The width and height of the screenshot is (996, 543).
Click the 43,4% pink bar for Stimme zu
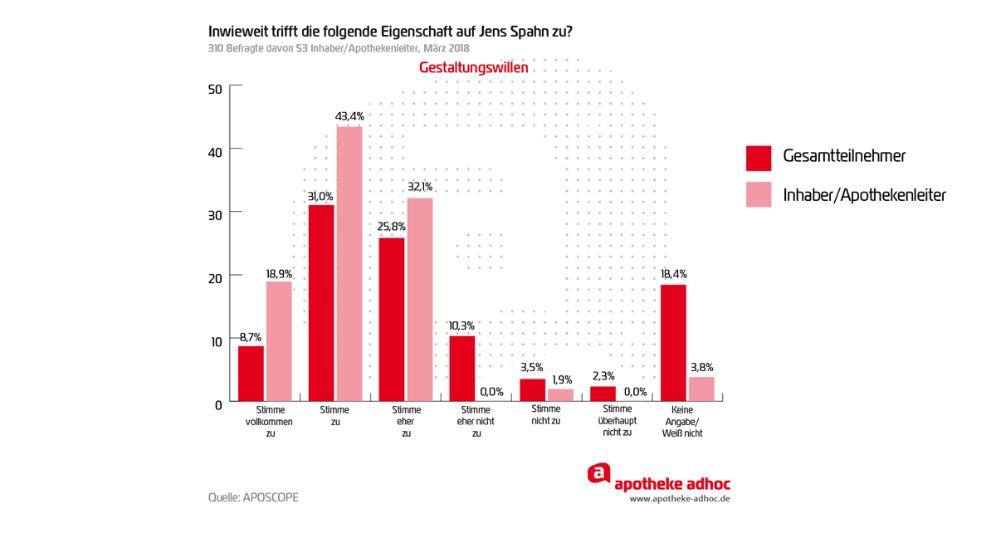(349, 263)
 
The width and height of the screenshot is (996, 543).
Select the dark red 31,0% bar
(321, 302)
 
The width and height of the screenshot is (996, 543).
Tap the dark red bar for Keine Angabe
(673, 343)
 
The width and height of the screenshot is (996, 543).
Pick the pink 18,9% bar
(279, 340)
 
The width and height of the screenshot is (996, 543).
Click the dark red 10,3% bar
(462, 368)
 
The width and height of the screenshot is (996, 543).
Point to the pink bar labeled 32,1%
(420, 299)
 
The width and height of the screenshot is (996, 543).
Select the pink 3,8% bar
(701, 389)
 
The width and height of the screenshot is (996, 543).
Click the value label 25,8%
(392, 227)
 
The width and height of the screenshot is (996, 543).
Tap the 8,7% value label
(251, 336)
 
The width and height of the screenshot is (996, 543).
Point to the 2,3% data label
(603, 377)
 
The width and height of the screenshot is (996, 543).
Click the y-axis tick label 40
(215, 152)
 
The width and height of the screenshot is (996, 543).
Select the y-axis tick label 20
(215, 278)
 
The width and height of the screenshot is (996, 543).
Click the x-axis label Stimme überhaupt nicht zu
(618, 420)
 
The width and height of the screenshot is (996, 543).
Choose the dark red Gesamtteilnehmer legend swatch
(759, 156)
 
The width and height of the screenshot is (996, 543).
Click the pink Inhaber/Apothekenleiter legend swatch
(759, 195)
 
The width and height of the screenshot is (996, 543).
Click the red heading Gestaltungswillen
(473, 68)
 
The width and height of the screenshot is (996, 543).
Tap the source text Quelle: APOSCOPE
(253, 497)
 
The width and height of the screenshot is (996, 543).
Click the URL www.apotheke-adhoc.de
(680, 499)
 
